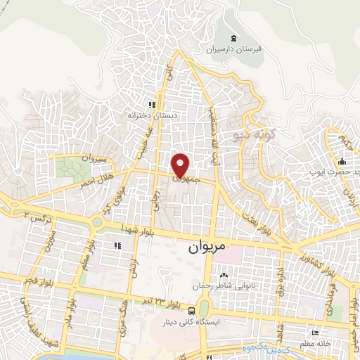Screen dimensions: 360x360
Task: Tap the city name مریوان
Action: [x=208, y=248]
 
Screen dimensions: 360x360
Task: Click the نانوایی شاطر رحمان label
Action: [x=224, y=286]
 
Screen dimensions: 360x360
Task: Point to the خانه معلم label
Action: [x=324, y=342]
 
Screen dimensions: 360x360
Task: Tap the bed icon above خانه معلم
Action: [x=316, y=333]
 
